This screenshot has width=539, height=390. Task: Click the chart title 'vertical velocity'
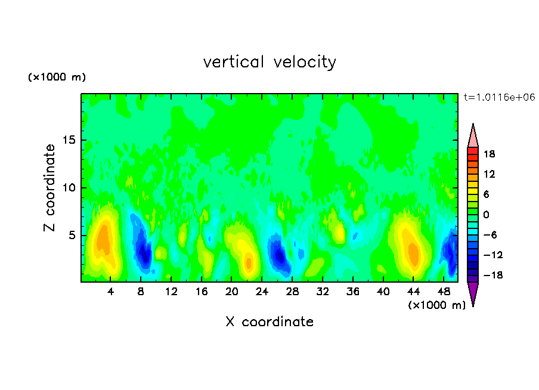pos(269,61)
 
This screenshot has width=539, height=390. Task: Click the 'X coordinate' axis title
pos(269,322)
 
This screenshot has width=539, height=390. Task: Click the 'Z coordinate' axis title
pos(50,188)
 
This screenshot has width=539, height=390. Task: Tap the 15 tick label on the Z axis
pos(69,141)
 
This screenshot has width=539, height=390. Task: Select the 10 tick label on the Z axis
pos(69,188)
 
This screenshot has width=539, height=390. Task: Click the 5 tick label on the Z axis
pos(72,235)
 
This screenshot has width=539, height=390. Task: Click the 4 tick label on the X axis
pos(111,292)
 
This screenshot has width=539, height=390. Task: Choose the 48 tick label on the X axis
pos(443,292)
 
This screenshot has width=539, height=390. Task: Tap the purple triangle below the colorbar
pos(473,293)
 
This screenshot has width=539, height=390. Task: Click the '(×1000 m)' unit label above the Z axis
pos(57,78)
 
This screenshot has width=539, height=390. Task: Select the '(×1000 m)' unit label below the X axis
pos(436,305)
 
